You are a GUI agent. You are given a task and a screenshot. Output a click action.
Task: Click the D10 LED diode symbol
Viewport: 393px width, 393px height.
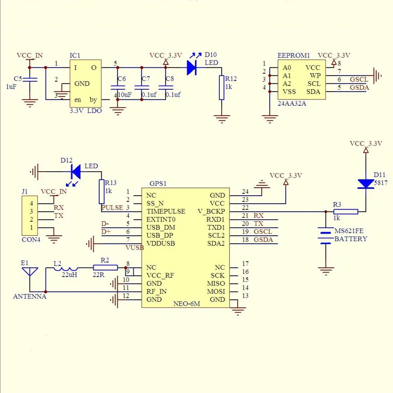[x=192, y=68]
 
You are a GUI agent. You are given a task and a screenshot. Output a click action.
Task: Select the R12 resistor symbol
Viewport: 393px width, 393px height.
[x=222, y=88]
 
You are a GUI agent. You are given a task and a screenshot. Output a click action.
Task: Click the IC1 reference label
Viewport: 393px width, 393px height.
[x=75, y=55]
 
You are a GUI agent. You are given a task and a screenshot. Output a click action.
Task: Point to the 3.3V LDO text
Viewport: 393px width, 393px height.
[x=85, y=111]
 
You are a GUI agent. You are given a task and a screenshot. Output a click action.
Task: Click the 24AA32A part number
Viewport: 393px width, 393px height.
[x=292, y=104]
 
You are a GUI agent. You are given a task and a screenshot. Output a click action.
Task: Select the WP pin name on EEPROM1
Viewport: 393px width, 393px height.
[x=315, y=75]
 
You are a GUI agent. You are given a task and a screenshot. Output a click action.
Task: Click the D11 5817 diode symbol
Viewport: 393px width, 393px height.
[x=365, y=184]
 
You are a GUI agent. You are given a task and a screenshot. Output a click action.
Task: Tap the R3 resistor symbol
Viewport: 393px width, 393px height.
[x=346, y=211]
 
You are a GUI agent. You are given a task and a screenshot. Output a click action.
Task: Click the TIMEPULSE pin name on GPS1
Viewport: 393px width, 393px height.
[x=165, y=211]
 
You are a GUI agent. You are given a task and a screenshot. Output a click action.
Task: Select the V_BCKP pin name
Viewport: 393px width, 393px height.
[x=211, y=211]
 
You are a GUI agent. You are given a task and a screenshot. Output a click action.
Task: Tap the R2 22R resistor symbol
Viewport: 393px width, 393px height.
[x=105, y=268]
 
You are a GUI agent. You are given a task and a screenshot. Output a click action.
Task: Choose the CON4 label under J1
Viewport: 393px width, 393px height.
[x=31, y=239]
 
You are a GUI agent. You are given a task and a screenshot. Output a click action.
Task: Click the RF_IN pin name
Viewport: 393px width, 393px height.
[x=156, y=291]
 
